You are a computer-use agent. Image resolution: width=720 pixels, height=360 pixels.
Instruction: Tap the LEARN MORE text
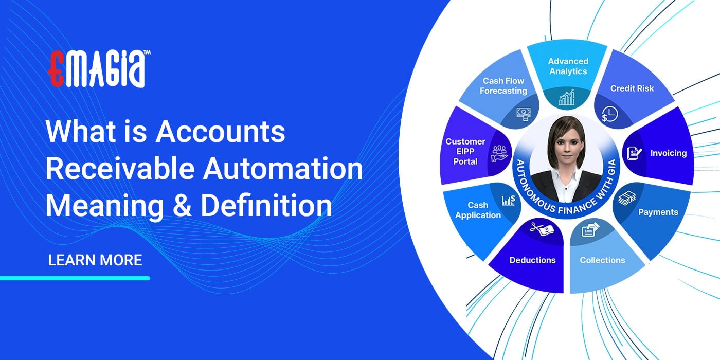pos(95,260)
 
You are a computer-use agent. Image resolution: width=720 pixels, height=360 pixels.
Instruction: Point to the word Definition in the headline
pos(266,205)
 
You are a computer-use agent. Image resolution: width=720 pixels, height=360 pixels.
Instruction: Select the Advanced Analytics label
pos(568,66)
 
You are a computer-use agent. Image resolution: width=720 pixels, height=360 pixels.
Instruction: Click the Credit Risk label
pos(632,88)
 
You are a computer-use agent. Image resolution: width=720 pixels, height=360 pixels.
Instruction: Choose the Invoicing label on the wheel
pos(668,153)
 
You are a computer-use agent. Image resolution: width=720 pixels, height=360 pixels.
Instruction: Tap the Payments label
pos(658,212)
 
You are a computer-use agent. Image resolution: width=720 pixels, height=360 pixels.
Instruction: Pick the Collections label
pos(602,260)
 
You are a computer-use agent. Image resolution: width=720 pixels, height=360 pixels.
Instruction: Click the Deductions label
pos(532,260)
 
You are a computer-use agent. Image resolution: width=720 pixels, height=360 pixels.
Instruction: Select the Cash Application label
pos(478,210)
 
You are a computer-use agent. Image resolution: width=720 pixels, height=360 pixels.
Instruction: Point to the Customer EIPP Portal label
pos(465,151)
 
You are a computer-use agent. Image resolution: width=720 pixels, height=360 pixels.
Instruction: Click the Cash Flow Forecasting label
pos(503,86)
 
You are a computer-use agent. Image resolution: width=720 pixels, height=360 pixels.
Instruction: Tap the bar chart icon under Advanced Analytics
pos(567,97)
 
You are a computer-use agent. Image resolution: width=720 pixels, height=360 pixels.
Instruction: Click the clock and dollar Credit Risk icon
pos(608,114)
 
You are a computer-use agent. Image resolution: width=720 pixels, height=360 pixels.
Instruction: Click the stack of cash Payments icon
pos(626,198)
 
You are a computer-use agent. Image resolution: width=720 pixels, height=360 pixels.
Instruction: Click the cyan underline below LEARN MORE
pos(75,278)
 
